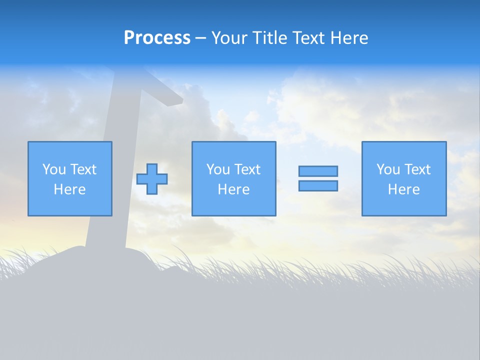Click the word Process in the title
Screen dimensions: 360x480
(x=157, y=38)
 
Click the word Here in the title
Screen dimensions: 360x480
(x=349, y=38)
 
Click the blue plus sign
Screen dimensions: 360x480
(x=152, y=179)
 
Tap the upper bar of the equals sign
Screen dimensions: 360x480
(x=318, y=171)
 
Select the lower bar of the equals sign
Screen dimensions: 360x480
(x=318, y=186)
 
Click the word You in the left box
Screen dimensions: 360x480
(x=54, y=169)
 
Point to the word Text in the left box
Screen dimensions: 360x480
(x=83, y=169)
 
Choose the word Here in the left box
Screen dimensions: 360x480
(x=69, y=189)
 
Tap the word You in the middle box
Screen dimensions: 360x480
(x=218, y=169)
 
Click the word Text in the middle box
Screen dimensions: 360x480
(x=247, y=169)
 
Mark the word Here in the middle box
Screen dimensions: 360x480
(x=233, y=189)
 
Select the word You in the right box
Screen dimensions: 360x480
(x=388, y=169)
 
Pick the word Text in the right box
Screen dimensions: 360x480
(x=417, y=169)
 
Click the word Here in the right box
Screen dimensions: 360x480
(x=403, y=189)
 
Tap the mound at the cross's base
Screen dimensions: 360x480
(x=75, y=257)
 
